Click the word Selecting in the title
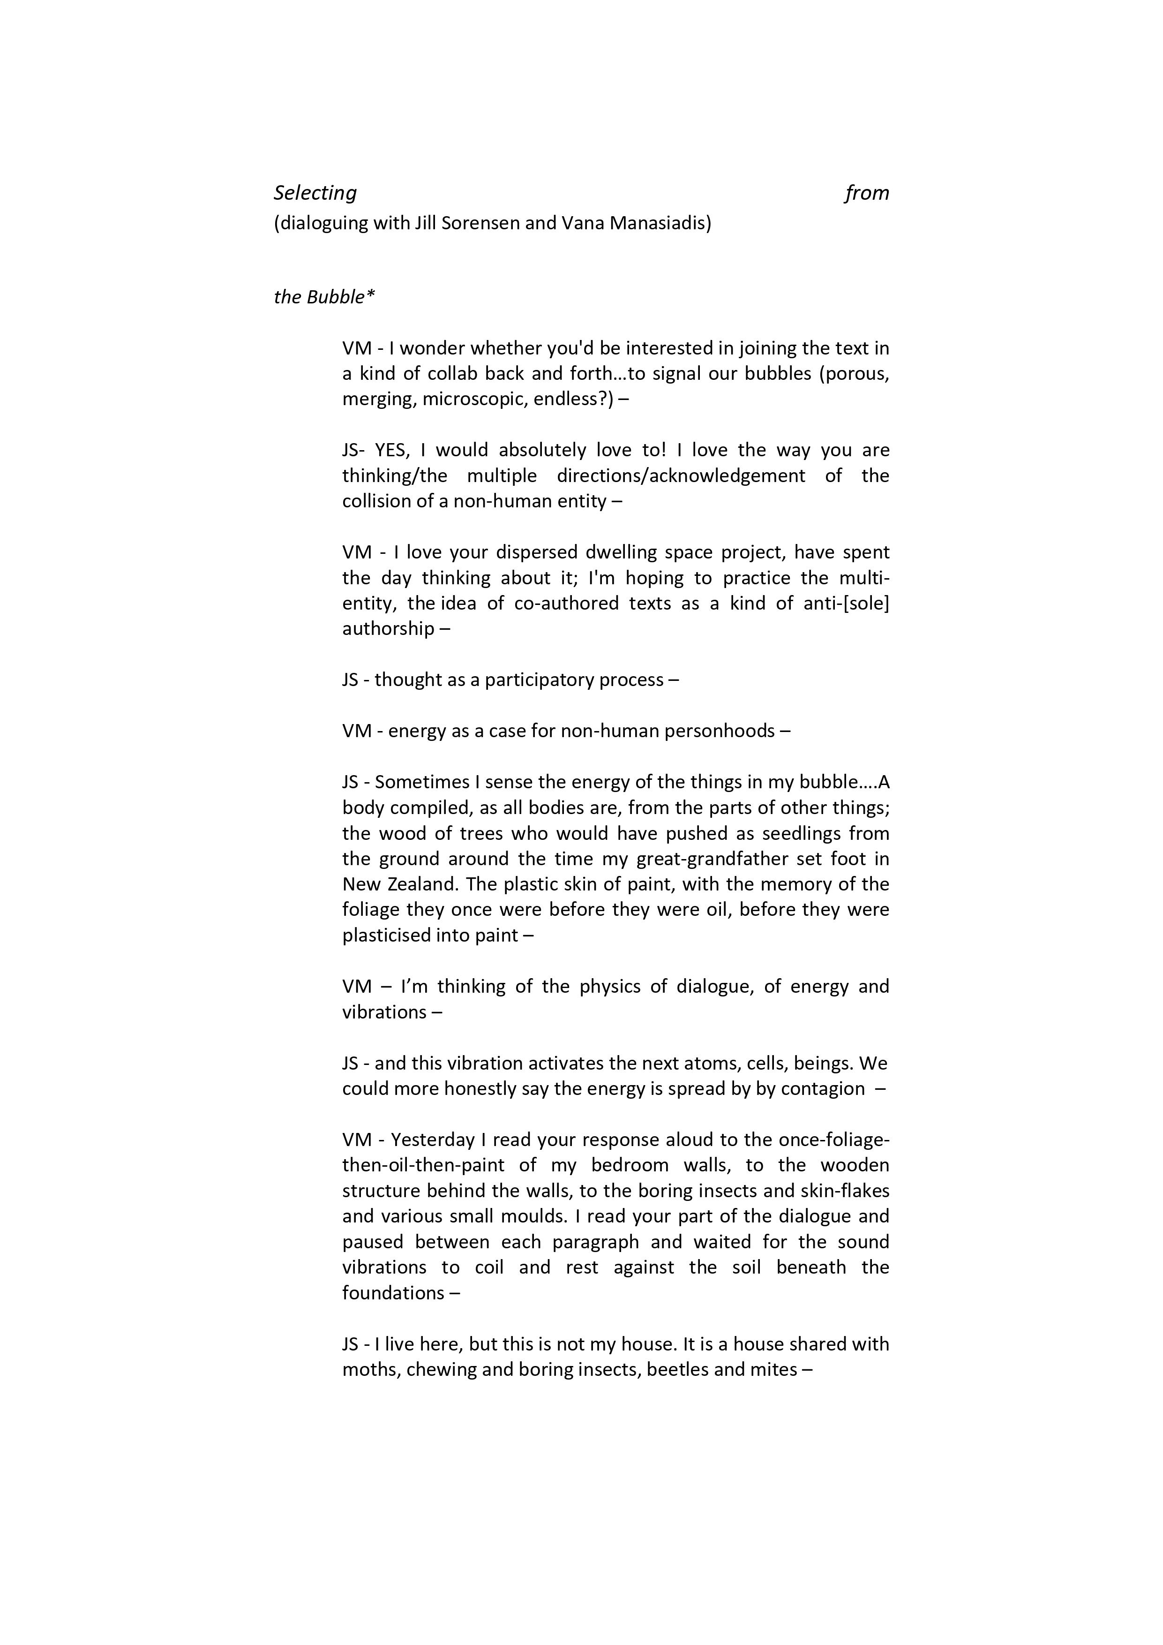click(315, 193)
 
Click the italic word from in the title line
click(867, 193)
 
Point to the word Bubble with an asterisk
click(340, 297)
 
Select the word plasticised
click(384, 935)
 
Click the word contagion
click(823, 1088)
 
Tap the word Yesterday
click(433, 1139)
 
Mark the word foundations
click(393, 1292)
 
